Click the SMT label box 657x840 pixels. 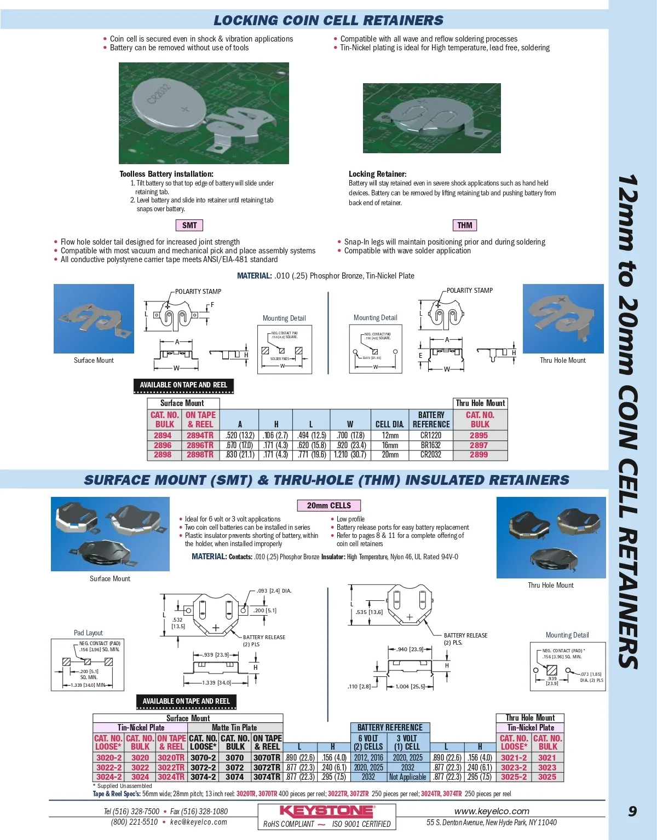(189, 225)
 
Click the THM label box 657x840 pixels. (465, 225)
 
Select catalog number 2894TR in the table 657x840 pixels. (200, 436)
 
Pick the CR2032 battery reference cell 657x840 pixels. (431, 455)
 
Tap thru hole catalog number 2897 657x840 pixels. (479, 445)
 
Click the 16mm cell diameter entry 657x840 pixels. (390, 445)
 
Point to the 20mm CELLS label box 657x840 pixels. (329, 506)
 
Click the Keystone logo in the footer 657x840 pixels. (327, 811)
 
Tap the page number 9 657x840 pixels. (632, 811)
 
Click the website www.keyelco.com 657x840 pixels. (492, 811)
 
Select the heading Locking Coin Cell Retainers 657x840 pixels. (328, 21)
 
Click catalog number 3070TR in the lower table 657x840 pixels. (267, 758)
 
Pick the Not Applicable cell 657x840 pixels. (408, 777)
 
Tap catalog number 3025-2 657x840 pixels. (514, 777)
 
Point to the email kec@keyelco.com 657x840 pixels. (198, 822)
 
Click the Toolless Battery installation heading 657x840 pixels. (166, 174)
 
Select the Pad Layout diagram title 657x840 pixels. (88, 633)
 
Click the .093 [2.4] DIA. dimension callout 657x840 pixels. (274, 591)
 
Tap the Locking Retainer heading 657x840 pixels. (378, 174)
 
